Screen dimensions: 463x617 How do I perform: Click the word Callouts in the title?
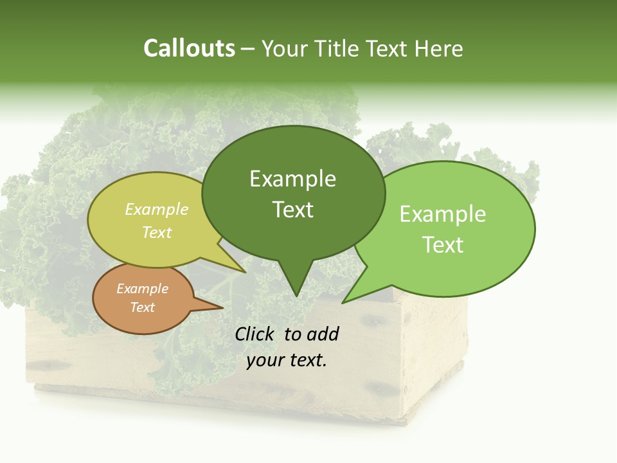[189, 48]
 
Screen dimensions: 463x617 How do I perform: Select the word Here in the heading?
[439, 48]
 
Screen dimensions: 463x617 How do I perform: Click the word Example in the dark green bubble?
[292, 179]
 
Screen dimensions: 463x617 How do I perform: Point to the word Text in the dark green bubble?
[292, 210]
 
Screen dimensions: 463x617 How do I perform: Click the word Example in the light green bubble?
[443, 214]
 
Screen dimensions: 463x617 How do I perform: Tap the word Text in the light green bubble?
[443, 245]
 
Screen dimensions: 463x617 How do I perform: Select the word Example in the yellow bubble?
[157, 210]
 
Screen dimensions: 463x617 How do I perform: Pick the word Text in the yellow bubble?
[157, 232]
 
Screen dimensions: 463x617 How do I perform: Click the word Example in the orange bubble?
[143, 289]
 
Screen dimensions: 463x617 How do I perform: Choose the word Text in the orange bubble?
[143, 307]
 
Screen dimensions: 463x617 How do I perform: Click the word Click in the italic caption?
[254, 334]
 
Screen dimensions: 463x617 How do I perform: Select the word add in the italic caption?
[323, 334]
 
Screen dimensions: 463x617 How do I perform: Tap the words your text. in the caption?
[287, 360]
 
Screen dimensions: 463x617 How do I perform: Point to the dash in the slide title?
[249, 50]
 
